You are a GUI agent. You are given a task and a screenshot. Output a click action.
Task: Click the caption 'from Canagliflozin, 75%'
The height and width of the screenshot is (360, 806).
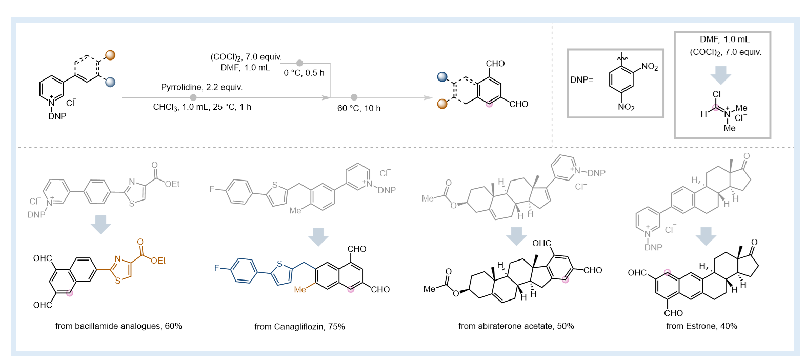[x=299, y=327]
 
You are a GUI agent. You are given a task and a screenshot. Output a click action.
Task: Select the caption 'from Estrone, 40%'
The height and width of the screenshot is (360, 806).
[x=701, y=326]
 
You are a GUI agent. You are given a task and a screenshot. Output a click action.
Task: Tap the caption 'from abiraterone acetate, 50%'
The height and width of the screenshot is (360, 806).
[x=516, y=326]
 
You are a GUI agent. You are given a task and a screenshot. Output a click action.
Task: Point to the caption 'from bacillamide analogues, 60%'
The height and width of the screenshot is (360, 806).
[x=118, y=326]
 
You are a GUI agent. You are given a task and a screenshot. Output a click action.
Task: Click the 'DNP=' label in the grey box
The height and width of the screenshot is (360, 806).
[x=581, y=79]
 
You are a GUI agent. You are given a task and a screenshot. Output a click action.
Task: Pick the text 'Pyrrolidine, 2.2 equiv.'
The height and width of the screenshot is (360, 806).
[x=201, y=87]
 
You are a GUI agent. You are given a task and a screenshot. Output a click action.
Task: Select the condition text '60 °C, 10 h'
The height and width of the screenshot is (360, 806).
[x=359, y=108]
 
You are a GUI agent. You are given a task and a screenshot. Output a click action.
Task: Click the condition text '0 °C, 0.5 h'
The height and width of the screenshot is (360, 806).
[x=304, y=73]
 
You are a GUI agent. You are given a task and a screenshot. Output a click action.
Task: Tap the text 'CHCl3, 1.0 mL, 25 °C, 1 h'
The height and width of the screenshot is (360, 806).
[x=202, y=107]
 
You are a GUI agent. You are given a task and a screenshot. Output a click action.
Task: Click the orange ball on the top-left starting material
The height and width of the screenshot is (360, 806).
[x=110, y=55]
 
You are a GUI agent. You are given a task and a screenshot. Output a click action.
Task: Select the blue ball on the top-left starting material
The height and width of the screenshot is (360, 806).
[x=110, y=82]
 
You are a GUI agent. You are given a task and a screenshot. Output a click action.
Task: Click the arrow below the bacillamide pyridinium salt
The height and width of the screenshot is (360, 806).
[x=100, y=225]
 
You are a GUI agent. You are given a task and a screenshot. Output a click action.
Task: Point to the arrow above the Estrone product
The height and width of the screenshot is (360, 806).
[x=706, y=236]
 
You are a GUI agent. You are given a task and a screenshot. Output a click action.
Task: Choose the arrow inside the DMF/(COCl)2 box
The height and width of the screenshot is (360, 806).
[x=720, y=75]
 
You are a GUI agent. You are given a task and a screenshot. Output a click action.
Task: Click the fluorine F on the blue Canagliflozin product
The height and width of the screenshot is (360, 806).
[x=216, y=268]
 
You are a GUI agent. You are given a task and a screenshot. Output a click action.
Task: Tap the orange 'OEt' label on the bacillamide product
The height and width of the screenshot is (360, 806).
[x=158, y=261]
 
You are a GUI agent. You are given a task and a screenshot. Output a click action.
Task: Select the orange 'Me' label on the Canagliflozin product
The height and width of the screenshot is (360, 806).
[x=300, y=290]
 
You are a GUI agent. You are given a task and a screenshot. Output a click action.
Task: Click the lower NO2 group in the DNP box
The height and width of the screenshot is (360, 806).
[x=626, y=107]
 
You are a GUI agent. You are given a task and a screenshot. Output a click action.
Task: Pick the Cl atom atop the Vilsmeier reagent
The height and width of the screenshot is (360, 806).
[x=716, y=94]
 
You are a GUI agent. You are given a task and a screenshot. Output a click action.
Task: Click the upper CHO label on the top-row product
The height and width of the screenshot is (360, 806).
[x=495, y=64]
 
